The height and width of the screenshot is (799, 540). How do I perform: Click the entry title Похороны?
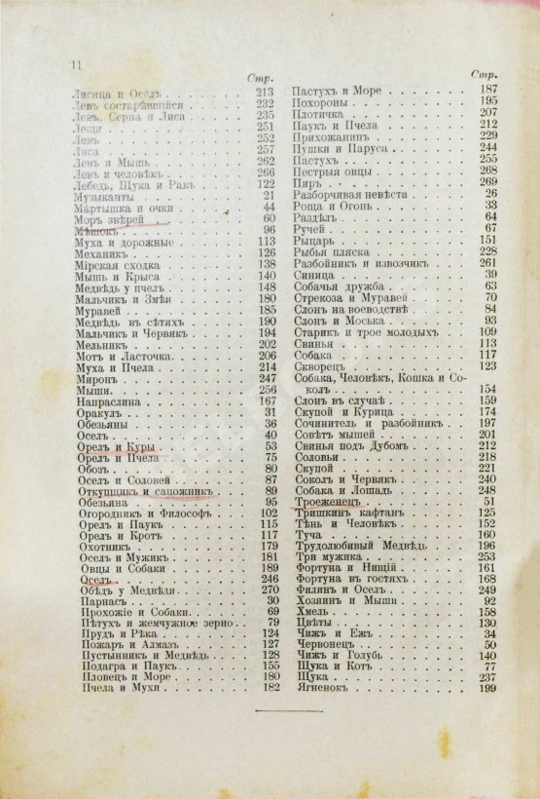(318, 100)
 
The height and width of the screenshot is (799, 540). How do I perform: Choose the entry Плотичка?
(319, 112)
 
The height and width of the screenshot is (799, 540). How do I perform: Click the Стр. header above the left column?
(260, 75)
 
